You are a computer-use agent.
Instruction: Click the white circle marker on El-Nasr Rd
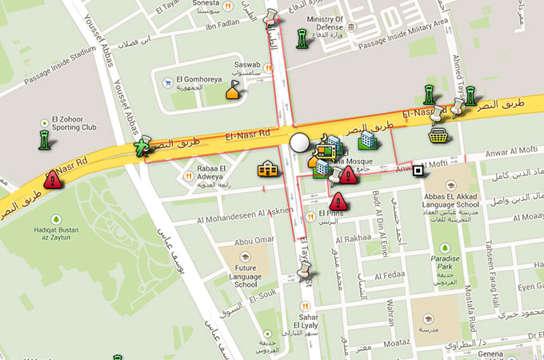299,143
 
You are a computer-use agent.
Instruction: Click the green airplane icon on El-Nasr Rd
142,146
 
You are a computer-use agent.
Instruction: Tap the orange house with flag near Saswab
233,91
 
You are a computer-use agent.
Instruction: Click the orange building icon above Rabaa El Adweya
267,168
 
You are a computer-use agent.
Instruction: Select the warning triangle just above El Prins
338,201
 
